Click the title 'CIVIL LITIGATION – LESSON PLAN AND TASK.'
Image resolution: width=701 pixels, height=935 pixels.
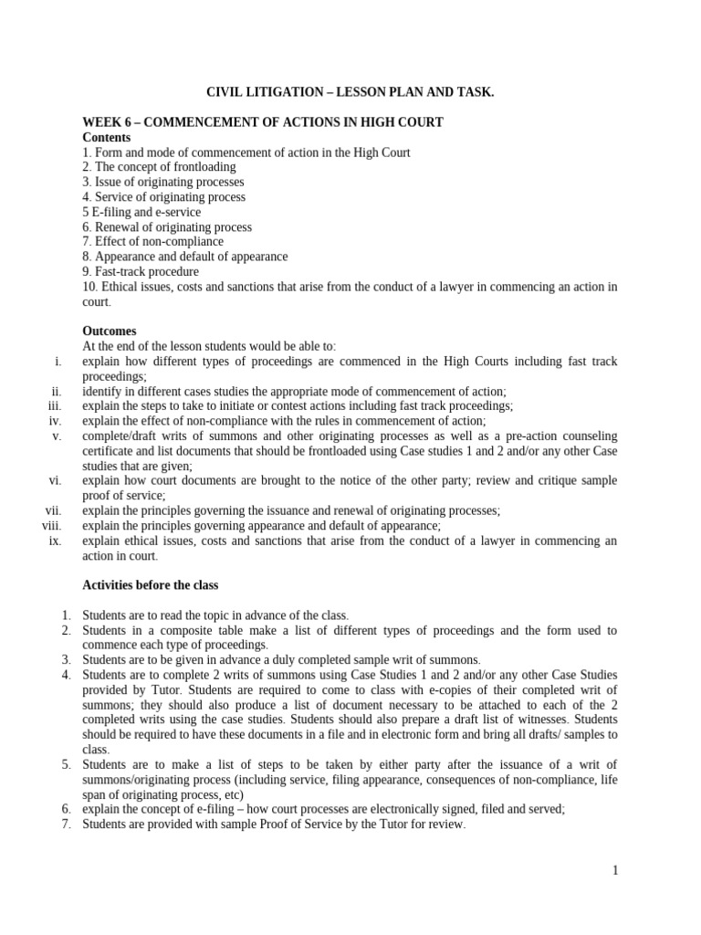350,93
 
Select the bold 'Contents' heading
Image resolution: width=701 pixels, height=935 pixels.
106,138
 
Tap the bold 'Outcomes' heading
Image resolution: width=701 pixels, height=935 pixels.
109,331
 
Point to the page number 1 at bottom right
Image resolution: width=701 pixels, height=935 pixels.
615,871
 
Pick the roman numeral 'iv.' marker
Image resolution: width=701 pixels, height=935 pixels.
55,421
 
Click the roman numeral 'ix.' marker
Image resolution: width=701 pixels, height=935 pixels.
55,541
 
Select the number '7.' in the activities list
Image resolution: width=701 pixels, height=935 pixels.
67,824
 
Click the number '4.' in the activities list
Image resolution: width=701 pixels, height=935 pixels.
67,675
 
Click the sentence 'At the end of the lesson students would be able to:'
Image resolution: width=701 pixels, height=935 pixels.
209,346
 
